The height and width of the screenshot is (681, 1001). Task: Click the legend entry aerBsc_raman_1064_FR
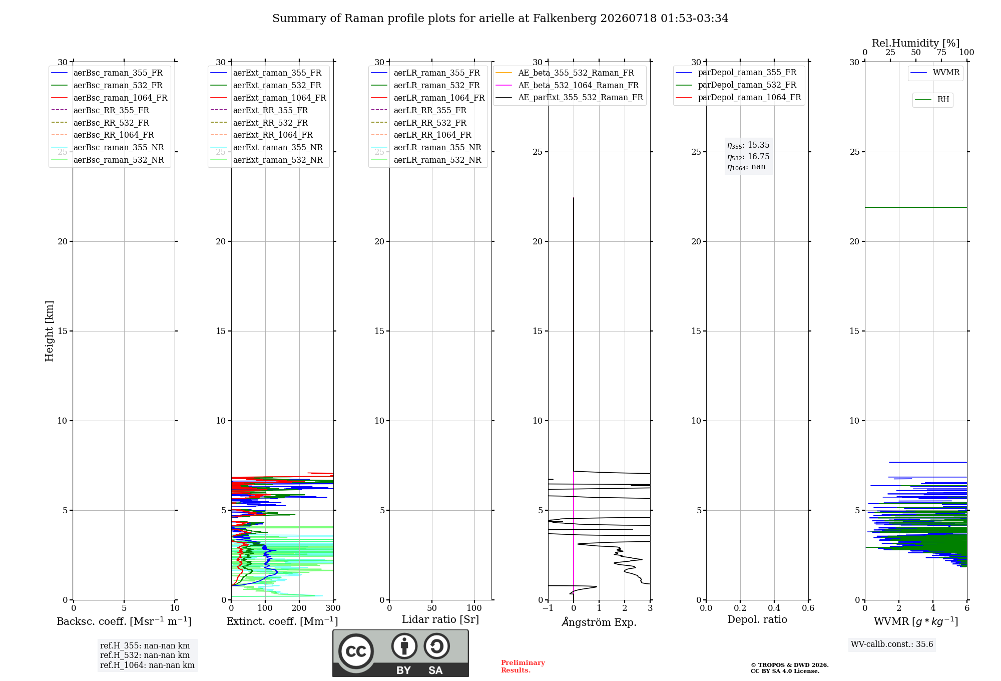(x=109, y=98)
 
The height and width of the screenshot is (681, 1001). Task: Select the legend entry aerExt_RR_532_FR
(x=259, y=123)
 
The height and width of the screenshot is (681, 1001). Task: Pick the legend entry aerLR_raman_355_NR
(x=426, y=147)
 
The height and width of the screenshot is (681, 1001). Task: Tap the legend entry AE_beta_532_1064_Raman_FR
(x=567, y=85)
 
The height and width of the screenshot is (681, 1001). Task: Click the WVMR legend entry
(x=935, y=73)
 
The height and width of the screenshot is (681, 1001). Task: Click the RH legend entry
(x=932, y=100)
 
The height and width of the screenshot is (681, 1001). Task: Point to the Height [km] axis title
(x=49, y=331)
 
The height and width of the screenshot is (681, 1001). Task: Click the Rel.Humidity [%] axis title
(x=916, y=43)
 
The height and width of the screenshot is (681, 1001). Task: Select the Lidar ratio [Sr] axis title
(x=440, y=619)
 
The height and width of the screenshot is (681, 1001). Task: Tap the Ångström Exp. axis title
(x=599, y=622)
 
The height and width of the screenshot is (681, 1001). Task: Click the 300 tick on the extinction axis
(x=333, y=608)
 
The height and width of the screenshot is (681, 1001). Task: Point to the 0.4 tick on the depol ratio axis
(x=774, y=608)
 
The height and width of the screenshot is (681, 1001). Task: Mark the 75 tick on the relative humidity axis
(x=941, y=53)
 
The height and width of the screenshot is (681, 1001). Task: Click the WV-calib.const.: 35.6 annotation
(x=892, y=644)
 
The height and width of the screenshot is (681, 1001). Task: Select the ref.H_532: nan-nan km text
(x=145, y=655)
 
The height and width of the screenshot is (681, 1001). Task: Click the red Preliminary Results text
(x=523, y=666)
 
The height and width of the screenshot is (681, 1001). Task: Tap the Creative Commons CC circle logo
(x=356, y=651)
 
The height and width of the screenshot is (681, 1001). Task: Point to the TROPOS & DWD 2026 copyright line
(x=790, y=665)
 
